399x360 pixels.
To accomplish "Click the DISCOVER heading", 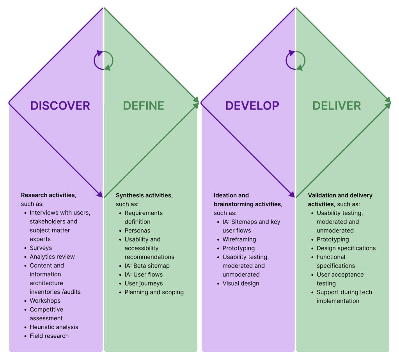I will pyautogui.click(x=60, y=106).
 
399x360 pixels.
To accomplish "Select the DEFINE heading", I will pyautogui.click(x=144, y=106).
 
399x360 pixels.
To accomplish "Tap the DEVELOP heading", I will pyautogui.click(x=252, y=106).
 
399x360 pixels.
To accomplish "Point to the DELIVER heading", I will pyautogui.click(x=337, y=106).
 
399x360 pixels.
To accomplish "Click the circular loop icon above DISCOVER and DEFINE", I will pyautogui.click(x=103, y=60).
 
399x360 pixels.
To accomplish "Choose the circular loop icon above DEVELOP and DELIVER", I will pyautogui.click(x=296, y=60).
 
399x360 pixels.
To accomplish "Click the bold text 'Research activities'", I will pyautogui.click(x=48, y=195).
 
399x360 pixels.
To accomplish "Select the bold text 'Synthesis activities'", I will pyautogui.click(x=144, y=195).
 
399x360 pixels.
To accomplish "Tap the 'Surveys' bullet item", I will pyautogui.click(x=41, y=248).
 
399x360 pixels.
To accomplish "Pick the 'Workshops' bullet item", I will pyautogui.click(x=45, y=301).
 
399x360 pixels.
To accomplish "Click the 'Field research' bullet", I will pyautogui.click(x=49, y=336).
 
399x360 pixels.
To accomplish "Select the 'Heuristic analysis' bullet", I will pyautogui.click(x=54, y=327).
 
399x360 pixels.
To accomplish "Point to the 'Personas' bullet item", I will pyautogui.click(x=137, y=231).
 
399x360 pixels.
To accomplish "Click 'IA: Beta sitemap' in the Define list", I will pyautogui.click(x=147, y=266).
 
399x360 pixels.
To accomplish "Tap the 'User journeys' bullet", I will pyautogui.click(x=144, y=283).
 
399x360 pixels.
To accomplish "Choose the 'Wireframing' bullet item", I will pyautogui.click(x=239, y=239).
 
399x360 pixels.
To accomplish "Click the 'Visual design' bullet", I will pyautogui.click(x=241, y=283).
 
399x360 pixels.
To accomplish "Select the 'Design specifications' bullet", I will pyautogui.click(x=346, y=248).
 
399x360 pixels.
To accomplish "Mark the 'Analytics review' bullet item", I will pyautogui.click(x=52, y=257).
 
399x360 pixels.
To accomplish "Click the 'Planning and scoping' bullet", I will pyautogui.click(x=154, y=292).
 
